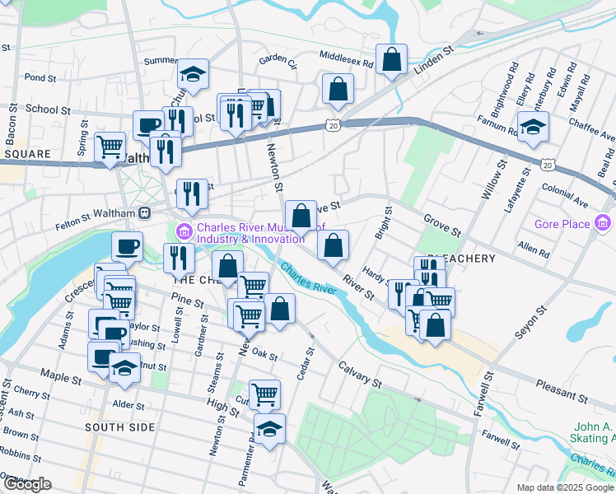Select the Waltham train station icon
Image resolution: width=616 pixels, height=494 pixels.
(144, 212)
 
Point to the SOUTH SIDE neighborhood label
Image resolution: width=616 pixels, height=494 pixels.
(119, 427)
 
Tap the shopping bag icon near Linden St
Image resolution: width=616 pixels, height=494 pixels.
(393, 58)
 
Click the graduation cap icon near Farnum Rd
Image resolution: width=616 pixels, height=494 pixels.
(533, 126)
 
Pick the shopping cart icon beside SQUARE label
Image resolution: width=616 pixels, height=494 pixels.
(110, 147)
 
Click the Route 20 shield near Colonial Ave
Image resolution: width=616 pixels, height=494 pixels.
(547, 165)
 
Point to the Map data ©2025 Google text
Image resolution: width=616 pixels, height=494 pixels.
(564, 487)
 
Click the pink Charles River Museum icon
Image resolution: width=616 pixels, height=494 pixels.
(184, 229)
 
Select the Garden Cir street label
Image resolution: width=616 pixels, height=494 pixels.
(277, 59)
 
